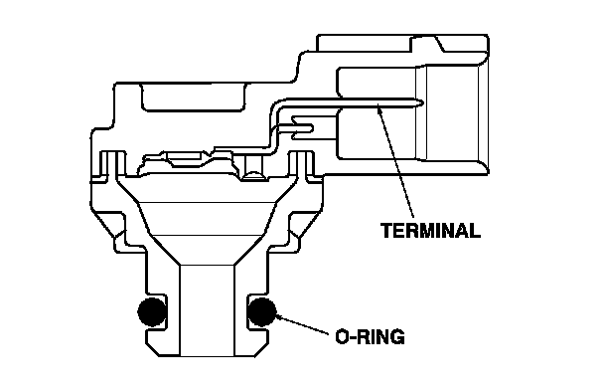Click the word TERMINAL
(431, 231)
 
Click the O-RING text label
(370, 337)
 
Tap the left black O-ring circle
(153, 311)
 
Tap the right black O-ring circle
(262, 311)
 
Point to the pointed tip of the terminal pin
(422, 102)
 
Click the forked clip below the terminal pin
(303, 127)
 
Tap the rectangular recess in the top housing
(194, 98)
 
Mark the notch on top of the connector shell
(428, 43)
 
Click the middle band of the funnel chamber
(208, 218)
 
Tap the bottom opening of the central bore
(208, 355)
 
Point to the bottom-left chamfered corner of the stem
(153, 349)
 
